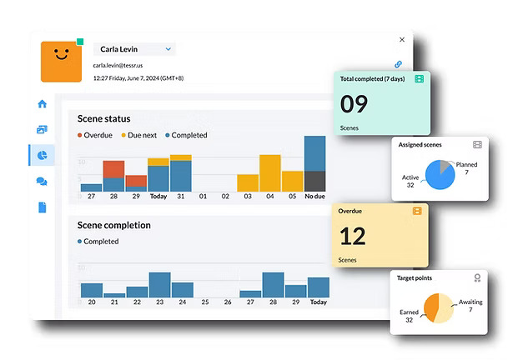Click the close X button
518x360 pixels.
tap(402, 39)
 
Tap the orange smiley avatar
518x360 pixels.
tap(62, 61)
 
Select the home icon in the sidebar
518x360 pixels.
tap(42, 104)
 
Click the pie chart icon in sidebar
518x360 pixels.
tap(42, 155)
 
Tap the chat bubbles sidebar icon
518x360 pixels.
tap(42, 182)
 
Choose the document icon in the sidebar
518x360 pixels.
tap(42, 207)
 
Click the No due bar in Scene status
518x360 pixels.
tap(314, 163)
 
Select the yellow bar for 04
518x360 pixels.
tap(269, 172)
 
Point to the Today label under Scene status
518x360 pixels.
tap(158, 197)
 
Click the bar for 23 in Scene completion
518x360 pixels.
tap(159, 284)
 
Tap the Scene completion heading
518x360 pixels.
tap(113, 225)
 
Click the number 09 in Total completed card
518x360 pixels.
tap(354, 103)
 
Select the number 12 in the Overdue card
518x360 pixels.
tap(353, 236)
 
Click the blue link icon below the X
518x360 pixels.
tap(399, 64)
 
